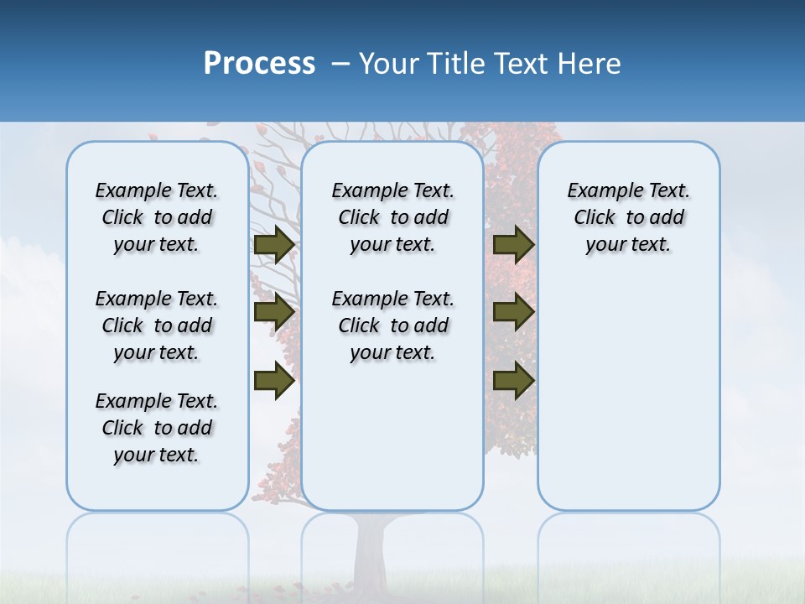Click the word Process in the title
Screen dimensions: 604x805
click(x=259, y=64)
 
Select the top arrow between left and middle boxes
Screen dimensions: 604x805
click(x=273, y=245)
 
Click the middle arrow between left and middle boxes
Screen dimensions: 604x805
click(x=273, y=312)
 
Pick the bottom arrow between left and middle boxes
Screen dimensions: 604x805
click(x=273, y=381)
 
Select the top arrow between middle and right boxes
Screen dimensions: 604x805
click(x=513, y=245)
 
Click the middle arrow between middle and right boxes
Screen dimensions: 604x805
click(x=513, y=312)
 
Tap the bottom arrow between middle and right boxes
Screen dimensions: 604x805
click(x=513, y=381)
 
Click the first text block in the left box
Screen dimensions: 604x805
click(x=157, y=217)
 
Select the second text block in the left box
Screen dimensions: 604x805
click(x=157, y=325)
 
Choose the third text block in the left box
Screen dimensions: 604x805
click(x=157, y=428)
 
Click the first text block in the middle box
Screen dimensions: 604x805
click(x=392, y=217)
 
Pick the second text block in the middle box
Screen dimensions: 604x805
click(x=392, y=325)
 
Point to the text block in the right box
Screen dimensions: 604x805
click(x=628, y=217)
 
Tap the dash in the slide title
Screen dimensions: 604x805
click(x=340, y=64)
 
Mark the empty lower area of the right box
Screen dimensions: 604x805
click(x=628, y=394)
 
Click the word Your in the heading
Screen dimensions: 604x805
click(x=390, y=64)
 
